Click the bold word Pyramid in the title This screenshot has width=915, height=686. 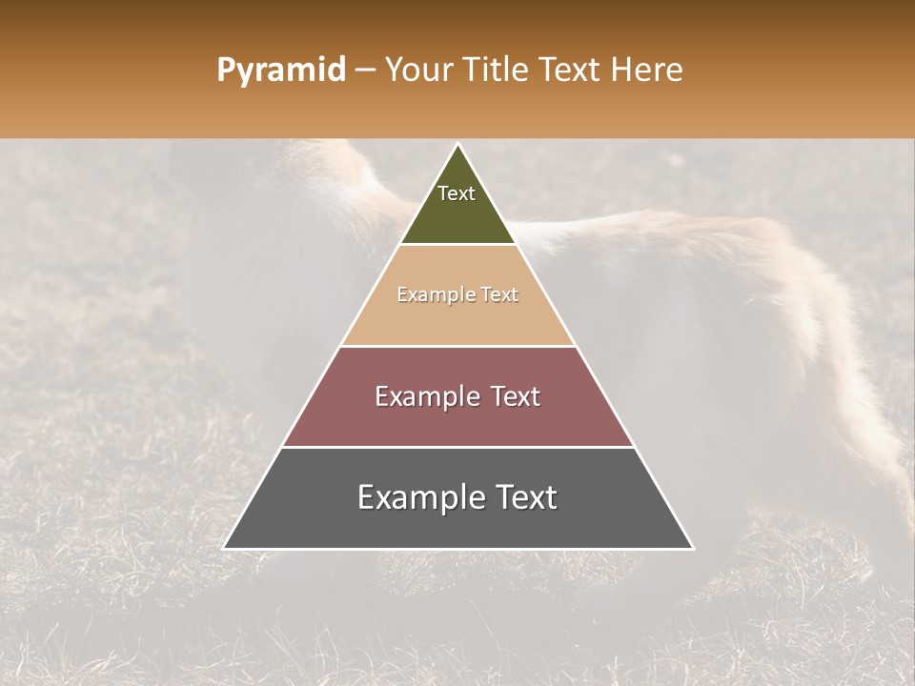tap(280, 71)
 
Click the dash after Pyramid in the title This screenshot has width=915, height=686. tap(365, 71)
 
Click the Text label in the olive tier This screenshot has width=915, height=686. tap(457, 193)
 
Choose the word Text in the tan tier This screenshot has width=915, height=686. tap(499, 295)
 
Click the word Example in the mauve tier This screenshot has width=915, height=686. tap(426, 396)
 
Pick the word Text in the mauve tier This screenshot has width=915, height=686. tap(513, 396)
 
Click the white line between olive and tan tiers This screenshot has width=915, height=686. tap(457, 245)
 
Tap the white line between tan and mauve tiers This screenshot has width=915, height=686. tap(457, 346)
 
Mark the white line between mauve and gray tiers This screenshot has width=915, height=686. tap(457, 447)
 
